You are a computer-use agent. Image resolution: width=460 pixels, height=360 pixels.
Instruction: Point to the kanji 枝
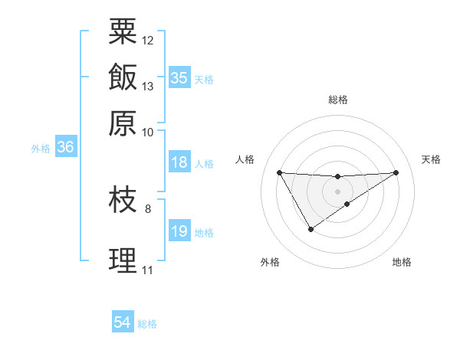[x=123, y=201]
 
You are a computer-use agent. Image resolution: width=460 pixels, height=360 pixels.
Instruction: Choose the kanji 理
[x=123, y=260]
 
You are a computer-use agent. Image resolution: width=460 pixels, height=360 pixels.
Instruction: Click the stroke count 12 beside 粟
[x=148, y=40]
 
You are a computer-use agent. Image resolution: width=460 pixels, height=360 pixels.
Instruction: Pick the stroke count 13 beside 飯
[x=148, y=86]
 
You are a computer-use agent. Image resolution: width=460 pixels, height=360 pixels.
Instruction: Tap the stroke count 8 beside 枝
[x=148, y=208]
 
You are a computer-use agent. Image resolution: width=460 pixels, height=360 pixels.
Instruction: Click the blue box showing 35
[x=179, y=78]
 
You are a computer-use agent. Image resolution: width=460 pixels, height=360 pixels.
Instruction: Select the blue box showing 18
[x=179, y=162]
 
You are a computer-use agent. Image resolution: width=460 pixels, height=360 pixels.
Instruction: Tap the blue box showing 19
[x=179, y=231]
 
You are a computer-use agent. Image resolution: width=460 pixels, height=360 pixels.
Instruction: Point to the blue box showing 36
[x=65, y=148]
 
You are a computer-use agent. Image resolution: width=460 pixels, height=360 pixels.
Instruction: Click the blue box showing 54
[x=123, y=323]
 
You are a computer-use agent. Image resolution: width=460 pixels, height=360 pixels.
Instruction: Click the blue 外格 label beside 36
[x=41, y=149]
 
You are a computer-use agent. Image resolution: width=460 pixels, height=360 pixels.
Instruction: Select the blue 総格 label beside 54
[x=147, y=324]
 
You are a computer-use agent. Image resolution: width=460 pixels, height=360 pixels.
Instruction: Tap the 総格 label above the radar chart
[x=337, y=100]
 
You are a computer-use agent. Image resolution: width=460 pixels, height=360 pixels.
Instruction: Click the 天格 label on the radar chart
[x=431, y=159]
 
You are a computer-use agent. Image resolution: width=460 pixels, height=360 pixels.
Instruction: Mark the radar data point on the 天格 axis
[x=396, y=172]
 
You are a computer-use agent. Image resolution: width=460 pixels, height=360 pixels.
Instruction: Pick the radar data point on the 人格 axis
[x=279, y=172]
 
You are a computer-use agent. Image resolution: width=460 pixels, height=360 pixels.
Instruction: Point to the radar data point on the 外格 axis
[x=310, y=229]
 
